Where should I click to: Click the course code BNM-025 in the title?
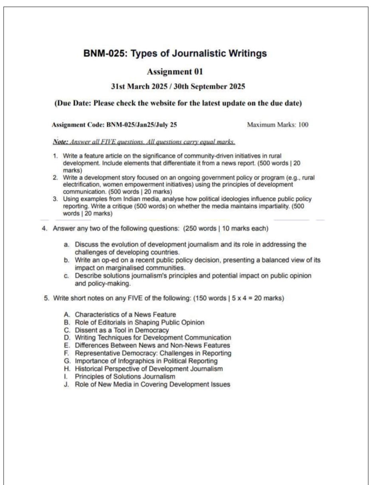point(104,53)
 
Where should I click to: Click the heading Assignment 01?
point(175,72)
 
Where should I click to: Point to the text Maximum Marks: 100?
point(278,125)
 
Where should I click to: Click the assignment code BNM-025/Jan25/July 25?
point(141,125)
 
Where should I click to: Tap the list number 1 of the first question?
point(55,155)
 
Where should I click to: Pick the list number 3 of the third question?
point(55,199)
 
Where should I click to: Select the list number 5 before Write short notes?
point(46,298)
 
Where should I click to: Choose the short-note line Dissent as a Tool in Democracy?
point(122,330)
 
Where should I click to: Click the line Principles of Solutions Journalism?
point(125,377)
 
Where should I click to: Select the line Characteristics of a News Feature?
point(125,315)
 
